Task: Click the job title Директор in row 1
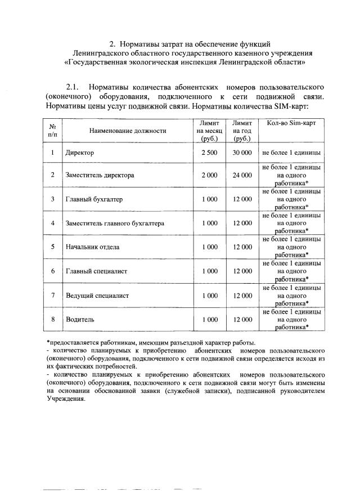(x=79, y=153)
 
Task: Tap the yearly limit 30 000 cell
(x=242, y=153)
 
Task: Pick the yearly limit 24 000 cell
(x=242, y=175)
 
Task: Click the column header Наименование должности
(x=128, y=131)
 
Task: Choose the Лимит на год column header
(x=242, y=131)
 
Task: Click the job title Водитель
(x=79, y=319)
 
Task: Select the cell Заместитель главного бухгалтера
(x=115, y=224)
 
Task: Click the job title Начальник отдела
(x=92, y=247)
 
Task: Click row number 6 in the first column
(x=52, y=271)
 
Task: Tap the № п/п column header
(x=52, y=131)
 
